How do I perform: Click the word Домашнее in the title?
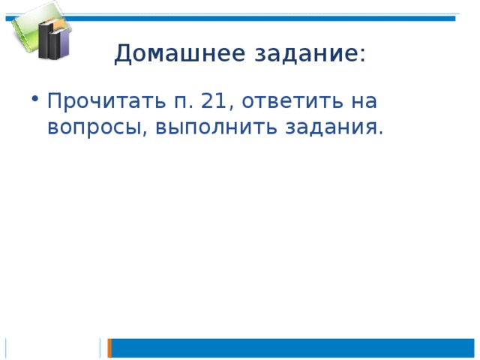pos(180,54)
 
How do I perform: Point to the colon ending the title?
pos(363,55)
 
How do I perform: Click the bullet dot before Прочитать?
pos(35,98)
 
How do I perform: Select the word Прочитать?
pos(106,100)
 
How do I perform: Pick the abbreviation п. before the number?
pos(184,102)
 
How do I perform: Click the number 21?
pos(213,100)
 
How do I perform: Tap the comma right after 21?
pos(231,107)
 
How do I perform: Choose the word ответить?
pos(292,100)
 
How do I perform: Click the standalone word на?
pos(364,102)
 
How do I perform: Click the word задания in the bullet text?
pos(330,127)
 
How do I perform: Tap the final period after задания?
pos(380,133)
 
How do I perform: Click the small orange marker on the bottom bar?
pos(109,348)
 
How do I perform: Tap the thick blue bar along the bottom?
pos(292,348)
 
